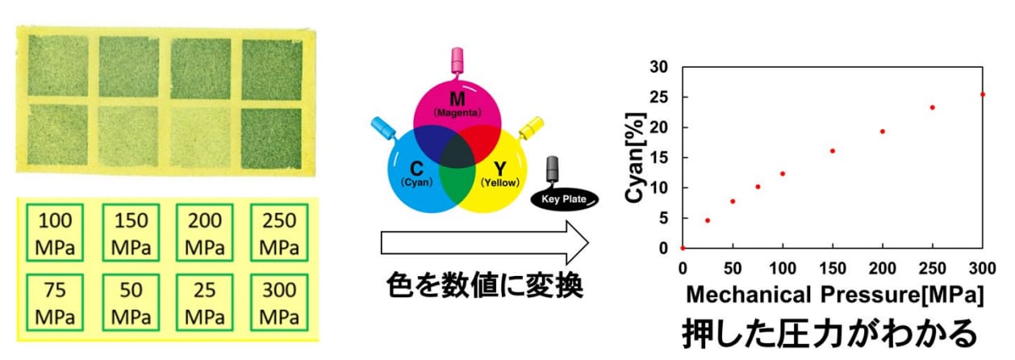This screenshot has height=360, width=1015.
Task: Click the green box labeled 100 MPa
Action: [27, 232]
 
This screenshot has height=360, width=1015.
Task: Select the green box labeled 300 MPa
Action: [251, 303]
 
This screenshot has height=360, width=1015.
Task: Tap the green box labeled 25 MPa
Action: [177, 303]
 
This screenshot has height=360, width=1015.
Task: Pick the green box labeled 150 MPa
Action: [102, 232]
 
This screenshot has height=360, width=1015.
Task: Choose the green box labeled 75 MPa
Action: [27, 303]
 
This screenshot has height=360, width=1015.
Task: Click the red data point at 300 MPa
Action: [983, 94]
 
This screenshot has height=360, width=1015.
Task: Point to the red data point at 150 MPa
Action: [833, 151]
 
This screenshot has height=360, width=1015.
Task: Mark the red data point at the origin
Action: [683, 248]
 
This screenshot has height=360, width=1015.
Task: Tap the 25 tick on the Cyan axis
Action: [659, 97]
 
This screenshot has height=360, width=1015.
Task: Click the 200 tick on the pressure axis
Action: [882, 269]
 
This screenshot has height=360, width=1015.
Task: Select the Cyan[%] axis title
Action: [635, 157]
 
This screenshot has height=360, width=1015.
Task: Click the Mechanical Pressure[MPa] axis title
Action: [834, 295]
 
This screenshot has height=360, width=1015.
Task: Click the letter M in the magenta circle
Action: [457, 98]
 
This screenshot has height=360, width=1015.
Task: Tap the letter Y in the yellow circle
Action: [499, 169]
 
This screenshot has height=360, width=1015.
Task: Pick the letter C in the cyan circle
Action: [416, 169]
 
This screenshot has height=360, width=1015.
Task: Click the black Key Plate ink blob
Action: [564, 199]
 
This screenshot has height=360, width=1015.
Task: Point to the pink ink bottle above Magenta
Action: [457, 61]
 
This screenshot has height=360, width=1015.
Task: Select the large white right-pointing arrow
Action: [484, 243]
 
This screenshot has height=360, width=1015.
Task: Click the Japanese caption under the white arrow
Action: [484, 286]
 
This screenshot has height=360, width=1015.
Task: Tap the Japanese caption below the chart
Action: [829, 334]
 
